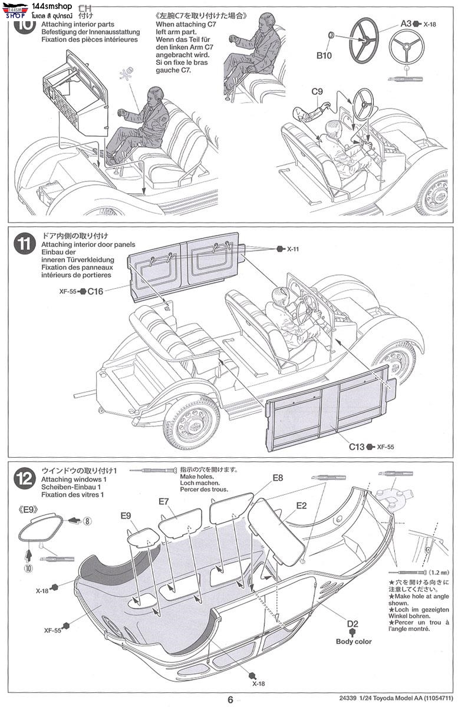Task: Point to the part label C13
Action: coord(356,447)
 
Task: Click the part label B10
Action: coord(324,56)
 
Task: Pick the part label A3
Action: coord(406,24)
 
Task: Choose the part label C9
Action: coord(318,91)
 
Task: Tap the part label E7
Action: coord(164,501)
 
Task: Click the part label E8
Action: coord(278,477)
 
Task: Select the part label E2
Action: coord(301,505)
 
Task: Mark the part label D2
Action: coord(352,624)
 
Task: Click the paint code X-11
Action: coord(293,249)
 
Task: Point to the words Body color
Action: coord(354,642)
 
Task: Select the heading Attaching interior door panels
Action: coord(88,245)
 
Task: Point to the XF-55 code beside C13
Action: coord(385,447)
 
